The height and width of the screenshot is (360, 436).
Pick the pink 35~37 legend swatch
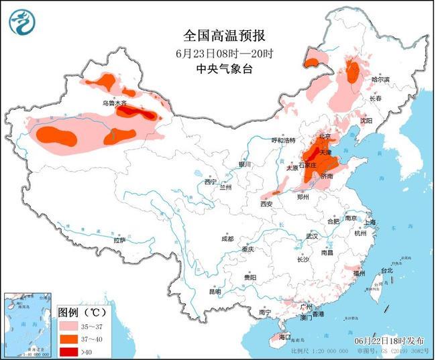(x=70, y=326)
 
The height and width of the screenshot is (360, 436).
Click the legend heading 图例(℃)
(x=83, y=313)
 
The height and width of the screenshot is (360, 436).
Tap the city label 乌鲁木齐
(x=114, y=103)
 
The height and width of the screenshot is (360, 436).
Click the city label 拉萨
(x=119, y=239)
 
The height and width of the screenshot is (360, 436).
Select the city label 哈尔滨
(x=380, y=79)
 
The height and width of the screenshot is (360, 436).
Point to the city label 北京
(x=326, y=137)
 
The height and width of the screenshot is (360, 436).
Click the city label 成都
(x=228, y=239)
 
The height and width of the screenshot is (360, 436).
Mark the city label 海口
(x=285, y=337)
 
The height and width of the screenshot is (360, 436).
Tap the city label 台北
(x=387, y=271)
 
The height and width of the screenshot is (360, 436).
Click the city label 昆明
(x=214, y=292)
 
